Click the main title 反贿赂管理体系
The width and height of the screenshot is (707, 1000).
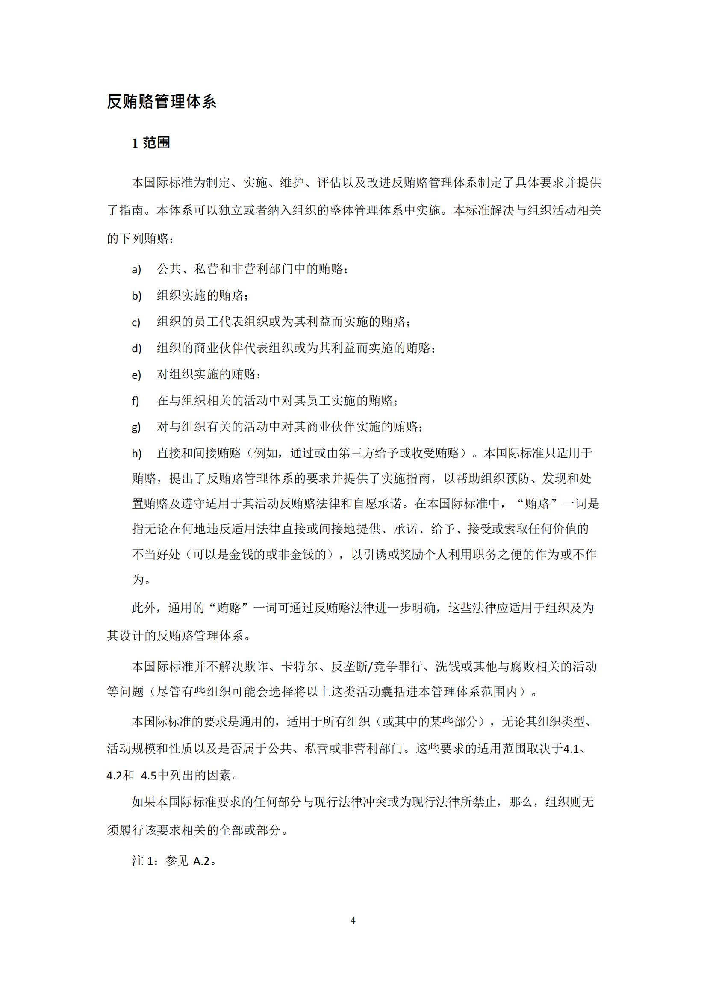pyautogui.click(x=162, y=102)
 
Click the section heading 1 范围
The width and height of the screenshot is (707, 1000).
pyautogui.click(x=150, y=143)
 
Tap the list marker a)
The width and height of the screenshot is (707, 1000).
pyautogui.click(x=136, y=270)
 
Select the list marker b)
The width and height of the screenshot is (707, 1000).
pyautogui.click(x=137, y=296)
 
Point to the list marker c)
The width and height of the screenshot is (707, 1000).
pyautogui.click(x=136, y=322)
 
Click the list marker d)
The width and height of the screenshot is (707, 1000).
pyautogui.click(x=137, y=348)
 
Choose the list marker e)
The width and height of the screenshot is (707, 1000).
pyautogui.click(x=136, y=375)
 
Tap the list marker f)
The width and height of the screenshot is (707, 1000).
pyautogui.click(x=136, y=401)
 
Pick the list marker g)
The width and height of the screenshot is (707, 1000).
pyautogui.click(x=136, y=428)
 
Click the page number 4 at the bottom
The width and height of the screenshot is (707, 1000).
pyautogui.click(x=353, y=920)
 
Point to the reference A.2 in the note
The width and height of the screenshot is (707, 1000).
pyautogui.click(x=201, y=861)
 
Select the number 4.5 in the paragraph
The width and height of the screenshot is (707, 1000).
pyautogui.click(x=149, y=776)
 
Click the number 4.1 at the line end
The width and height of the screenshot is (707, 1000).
pyautogui.click(x=571, y=749)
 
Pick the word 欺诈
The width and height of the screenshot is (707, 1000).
pyautogui.click(x=256, y=667)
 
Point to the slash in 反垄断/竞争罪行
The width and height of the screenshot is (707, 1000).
pyautogui.click(x=371, y=667)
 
